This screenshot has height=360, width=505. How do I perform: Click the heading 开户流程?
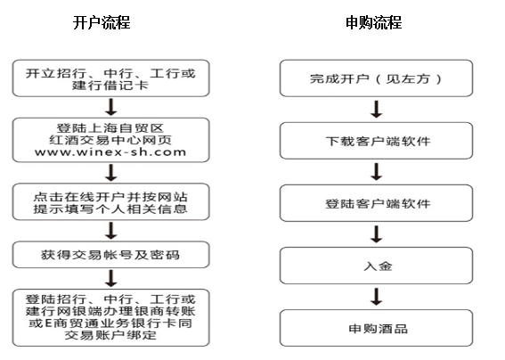coord(102,22)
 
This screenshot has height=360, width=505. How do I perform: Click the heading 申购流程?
coord(373,22)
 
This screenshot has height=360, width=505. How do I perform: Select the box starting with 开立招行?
coord(110,78)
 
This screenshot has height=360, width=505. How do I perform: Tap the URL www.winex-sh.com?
coord(110,151)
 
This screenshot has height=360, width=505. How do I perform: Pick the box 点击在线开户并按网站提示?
coord(110,201)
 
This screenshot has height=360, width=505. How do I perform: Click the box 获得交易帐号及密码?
coord(110,255)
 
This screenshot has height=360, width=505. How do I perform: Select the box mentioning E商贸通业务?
coord(110,317)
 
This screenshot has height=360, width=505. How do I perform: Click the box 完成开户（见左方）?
coord(376,78)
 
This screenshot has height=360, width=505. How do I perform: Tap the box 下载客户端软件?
coord(376,141)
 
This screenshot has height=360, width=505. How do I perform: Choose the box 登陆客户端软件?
coord(376,203)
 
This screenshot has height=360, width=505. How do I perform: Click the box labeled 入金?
coord(376,266)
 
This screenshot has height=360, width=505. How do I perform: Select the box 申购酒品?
coord(376,328)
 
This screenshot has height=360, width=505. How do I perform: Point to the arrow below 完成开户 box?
coord(376,110)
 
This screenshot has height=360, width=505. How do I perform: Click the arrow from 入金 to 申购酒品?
coord(376,297)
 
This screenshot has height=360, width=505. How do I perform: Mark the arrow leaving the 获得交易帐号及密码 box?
coord(111,278)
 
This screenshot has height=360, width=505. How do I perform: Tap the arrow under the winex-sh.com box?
coord(111,173)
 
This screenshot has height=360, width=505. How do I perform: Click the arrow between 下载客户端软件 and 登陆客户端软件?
coord(376,172)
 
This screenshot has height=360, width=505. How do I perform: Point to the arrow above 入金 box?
coord(376,234)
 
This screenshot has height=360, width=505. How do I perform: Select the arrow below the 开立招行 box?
coord(111,107)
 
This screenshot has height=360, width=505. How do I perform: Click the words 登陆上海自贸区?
coord(110,128)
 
